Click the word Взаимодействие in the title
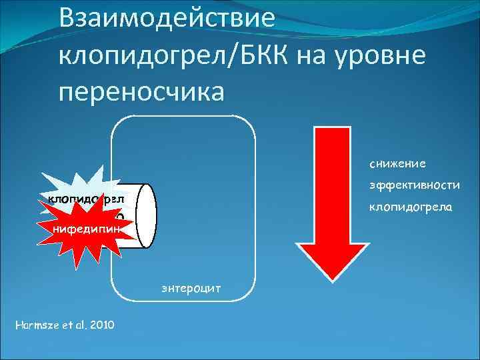[166, 18]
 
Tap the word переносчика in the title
[142, 91]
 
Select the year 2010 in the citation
[101, 325]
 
